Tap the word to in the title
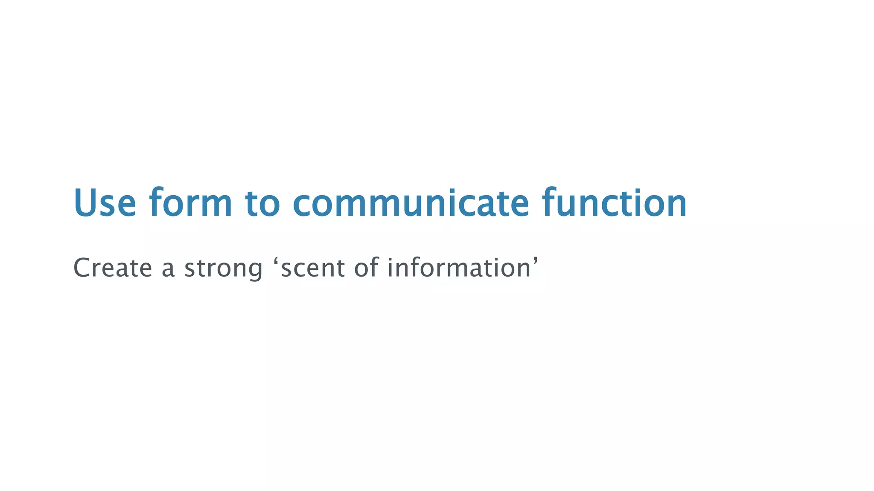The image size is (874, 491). pyautogui.click(x=262, y=204)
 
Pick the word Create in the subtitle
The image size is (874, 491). pyautogui.click(x=113, y=268)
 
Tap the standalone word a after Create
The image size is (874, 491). pyautogui.click(x=168, y=269)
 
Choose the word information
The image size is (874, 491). pyautogui.click(x=459, y=268)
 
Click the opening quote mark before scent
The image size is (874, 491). pyautogui.click(x=275, y=261)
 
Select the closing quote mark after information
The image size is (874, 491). pyautogui.click(x=535, y=261)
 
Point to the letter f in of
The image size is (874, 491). pyautogui.click(x=373, y=267)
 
